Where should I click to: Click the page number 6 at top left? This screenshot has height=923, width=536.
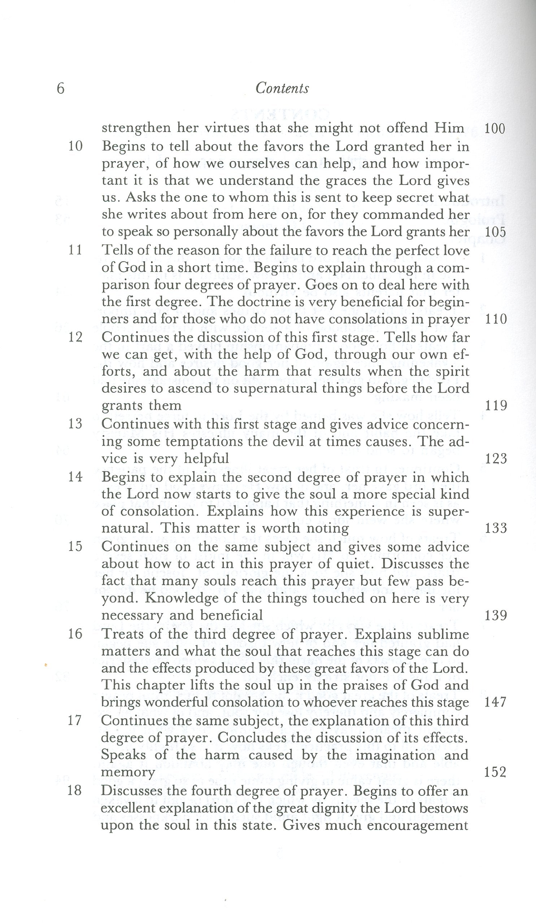coord(61,89)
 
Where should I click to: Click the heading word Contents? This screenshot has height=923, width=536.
coord(282,89)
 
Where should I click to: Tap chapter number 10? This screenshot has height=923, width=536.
coord(75,146)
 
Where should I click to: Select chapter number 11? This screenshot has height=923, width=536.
coord(75,251)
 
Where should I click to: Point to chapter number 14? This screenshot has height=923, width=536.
coord(75,477)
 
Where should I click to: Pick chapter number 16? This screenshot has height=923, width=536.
coord(75,634)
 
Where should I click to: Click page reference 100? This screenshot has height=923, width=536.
coord(495,129)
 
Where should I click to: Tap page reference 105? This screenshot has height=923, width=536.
coord(495,232)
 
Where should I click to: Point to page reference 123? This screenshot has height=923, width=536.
coord(496,459)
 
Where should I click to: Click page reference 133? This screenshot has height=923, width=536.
coord(496,528)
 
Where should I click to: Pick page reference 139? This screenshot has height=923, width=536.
coord(496,615)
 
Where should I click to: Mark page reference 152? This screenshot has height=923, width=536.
coord(495,772)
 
